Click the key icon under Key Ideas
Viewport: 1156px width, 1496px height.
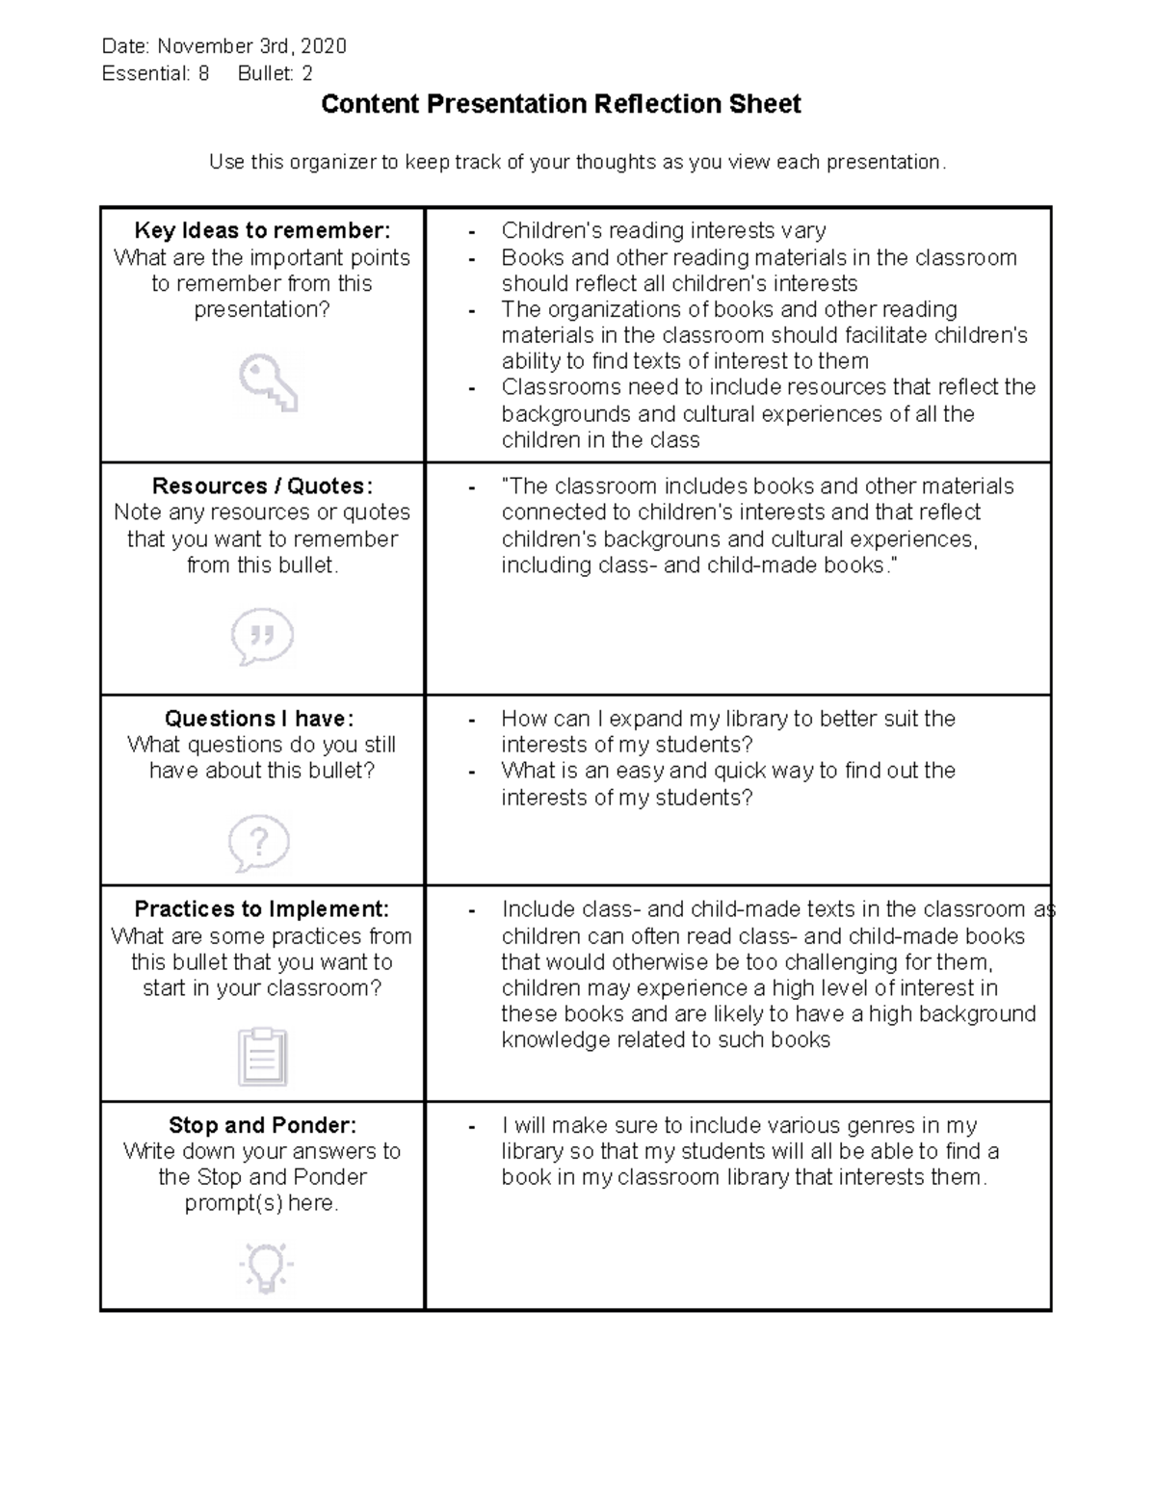[268, 382]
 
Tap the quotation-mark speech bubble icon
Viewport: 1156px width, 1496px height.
[262, 636]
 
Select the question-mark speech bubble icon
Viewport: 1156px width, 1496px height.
[259, 843]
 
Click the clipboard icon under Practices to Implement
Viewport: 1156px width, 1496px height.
[262, 1057]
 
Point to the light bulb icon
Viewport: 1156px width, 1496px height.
[265, 1267]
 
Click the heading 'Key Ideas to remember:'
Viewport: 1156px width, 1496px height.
[262, 230]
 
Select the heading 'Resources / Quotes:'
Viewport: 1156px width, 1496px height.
[262, 486]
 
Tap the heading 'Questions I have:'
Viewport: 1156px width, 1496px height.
[259, 719]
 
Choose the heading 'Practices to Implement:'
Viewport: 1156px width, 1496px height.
[262, 909]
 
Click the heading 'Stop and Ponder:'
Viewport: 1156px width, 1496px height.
[262, 1125]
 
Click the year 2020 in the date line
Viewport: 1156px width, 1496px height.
[324, 46]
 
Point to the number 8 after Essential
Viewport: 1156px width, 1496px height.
[203, 73]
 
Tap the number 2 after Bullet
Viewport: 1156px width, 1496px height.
[307, 73]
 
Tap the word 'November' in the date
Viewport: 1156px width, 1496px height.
[200, 46]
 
